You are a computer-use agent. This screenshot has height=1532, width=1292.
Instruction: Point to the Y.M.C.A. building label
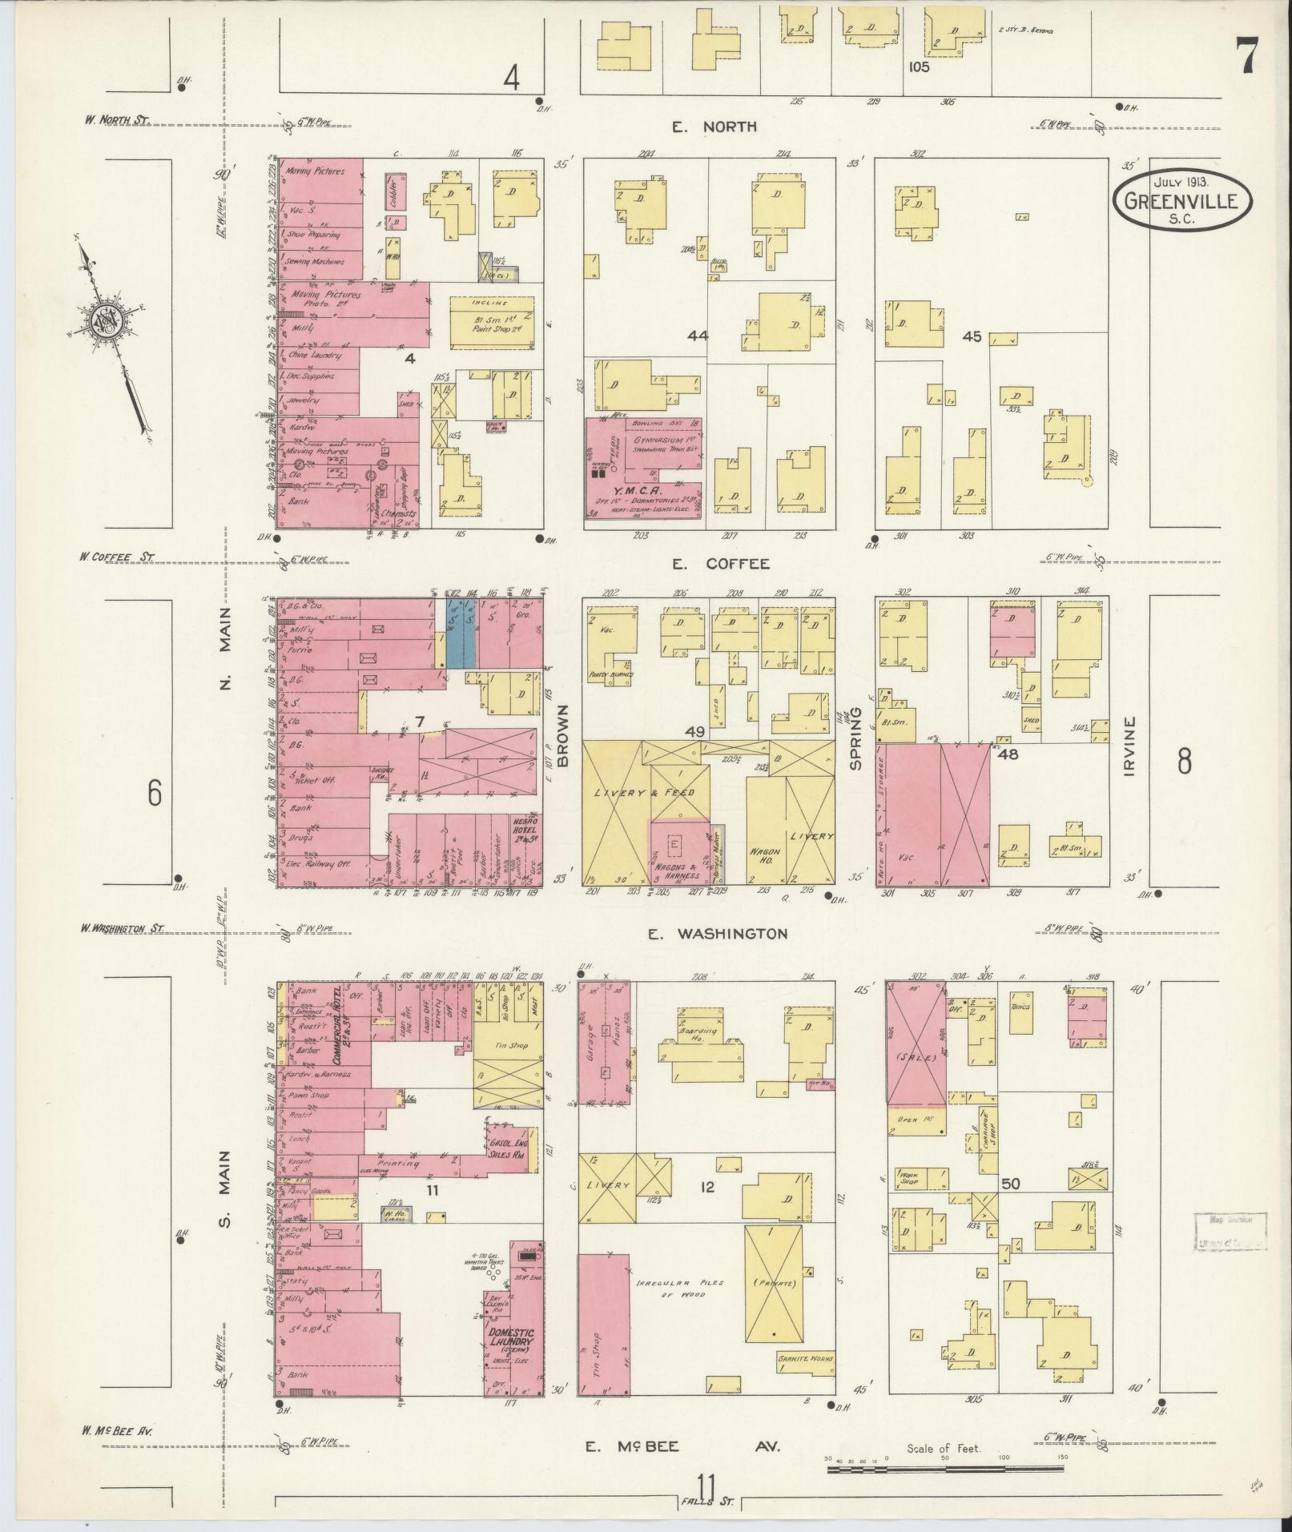[x=627, y=489]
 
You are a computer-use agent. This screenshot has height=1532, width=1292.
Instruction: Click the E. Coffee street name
[x=720, y=564]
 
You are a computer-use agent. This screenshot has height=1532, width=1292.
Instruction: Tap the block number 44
[x=698, y=336]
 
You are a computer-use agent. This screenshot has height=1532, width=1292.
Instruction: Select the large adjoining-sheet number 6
[x=154, y=793]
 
